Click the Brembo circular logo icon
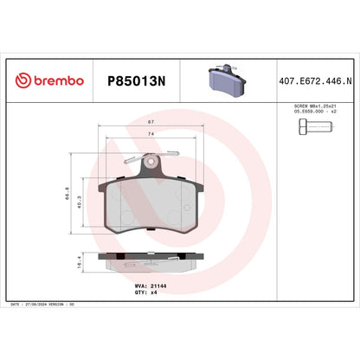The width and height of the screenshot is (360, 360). tap(22, 80)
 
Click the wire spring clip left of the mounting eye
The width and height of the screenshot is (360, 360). tap(132, 158)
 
